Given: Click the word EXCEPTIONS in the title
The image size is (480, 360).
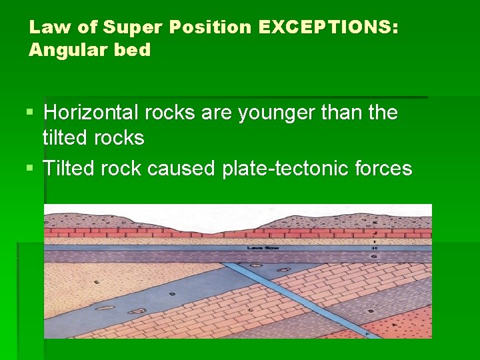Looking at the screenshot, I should click(325, 28).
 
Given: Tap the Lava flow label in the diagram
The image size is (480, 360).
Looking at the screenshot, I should click(257, 247).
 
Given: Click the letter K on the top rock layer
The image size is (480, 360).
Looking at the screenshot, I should click(375, 222).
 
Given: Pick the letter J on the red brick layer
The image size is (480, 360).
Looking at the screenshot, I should click(375, 233).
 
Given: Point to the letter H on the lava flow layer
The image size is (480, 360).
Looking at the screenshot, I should click(375, 247).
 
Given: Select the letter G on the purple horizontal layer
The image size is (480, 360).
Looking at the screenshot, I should click(375, 256).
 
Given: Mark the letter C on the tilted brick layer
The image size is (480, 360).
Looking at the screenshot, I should click(249, 310).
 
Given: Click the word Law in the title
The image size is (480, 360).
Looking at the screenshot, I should click(45, 28).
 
